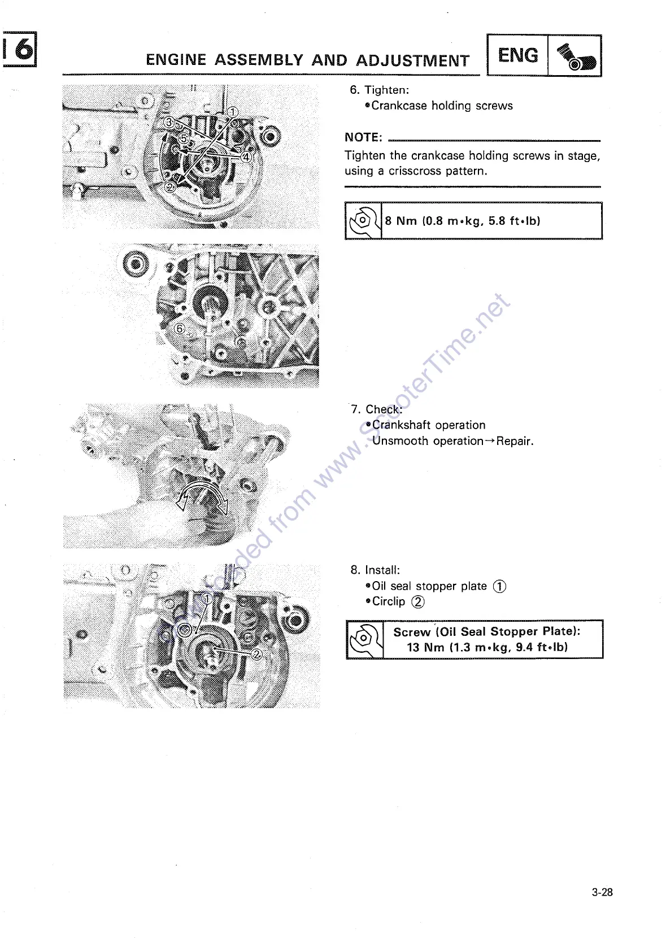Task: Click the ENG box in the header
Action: point(517,55)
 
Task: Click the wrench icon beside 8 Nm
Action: point(363,221)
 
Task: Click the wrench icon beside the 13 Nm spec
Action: point(364,639)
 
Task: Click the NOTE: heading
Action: point(363,138)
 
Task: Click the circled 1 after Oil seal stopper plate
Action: point(499,586)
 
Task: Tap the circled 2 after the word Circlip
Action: point(417,602)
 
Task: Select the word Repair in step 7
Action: point(514,441)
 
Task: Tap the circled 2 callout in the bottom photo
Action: point(256,654)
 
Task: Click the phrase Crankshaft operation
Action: point(429,425)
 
